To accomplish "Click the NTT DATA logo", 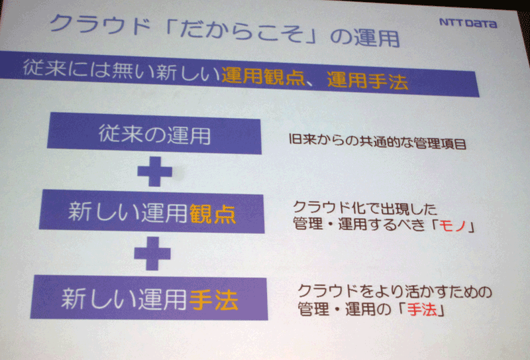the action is [x=468, y=23].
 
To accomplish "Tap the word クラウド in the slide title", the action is [x=101, y=25].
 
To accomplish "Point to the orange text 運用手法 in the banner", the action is [x=368, y=80].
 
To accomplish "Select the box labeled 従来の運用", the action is [x=154, y=133].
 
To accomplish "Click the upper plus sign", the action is [x=155, y=171].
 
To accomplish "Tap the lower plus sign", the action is [x=152, y=253].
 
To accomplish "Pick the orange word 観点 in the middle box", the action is [x=213, y=214].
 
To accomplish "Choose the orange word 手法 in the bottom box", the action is [x=214, y=300].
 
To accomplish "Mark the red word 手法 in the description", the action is [x=423, y=310].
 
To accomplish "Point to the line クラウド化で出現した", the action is [x=365, y=208].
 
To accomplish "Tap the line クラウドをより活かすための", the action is [x=394, y=291].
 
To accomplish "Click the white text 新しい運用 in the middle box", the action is [x=128, y=212].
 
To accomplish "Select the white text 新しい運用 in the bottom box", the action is [x=125, y=298].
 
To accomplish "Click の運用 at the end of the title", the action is [x=365, y=37].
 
